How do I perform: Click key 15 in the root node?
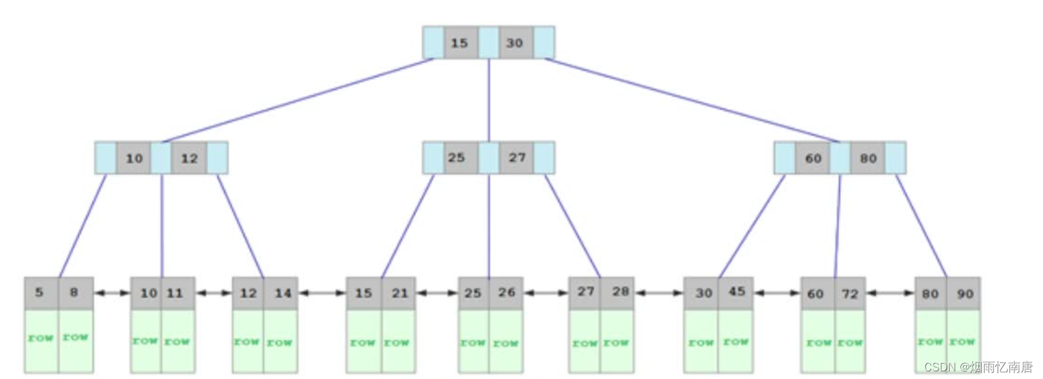click(460, 43)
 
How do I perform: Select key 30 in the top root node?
click(515, 43)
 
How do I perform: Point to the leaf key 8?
click(75, 293)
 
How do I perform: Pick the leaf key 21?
click(399, 293)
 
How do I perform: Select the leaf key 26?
click(506, 293)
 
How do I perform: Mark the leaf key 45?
click(736, 292)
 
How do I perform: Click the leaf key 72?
click(849, 294)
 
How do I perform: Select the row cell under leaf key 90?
click(963, 340)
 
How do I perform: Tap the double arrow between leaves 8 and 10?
click(112, 293)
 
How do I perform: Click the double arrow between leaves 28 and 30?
click(659, 293)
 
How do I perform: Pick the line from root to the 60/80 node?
click(692, 100)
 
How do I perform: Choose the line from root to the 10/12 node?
click(299, 100)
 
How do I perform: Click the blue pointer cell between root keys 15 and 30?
click(488, 43)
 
